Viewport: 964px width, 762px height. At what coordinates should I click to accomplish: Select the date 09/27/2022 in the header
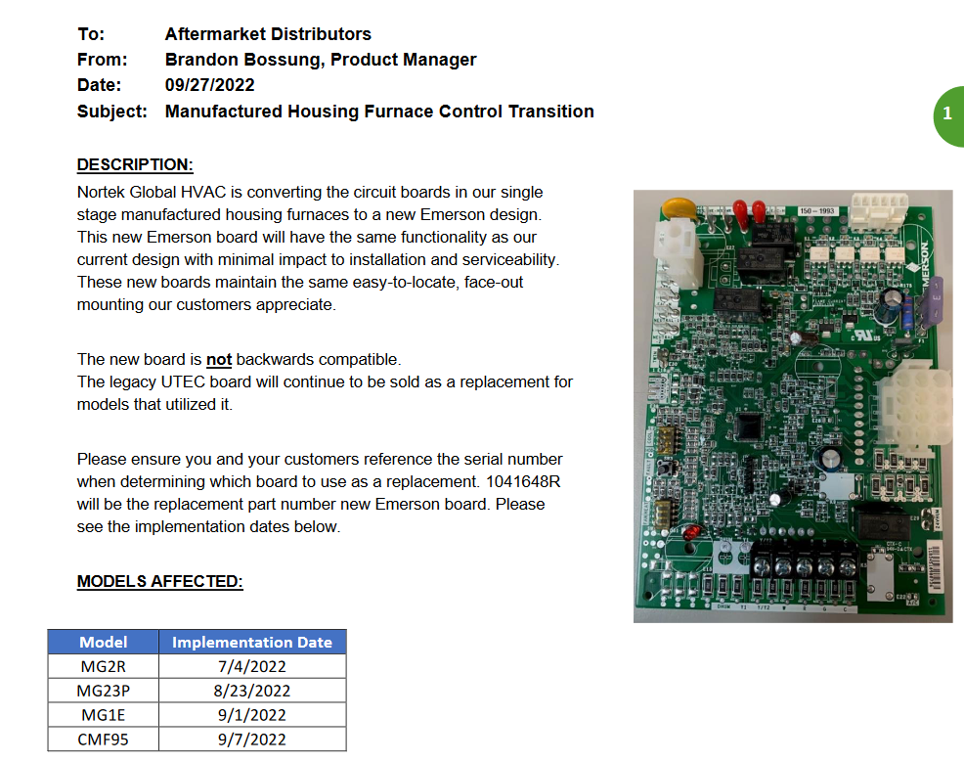(209, 85)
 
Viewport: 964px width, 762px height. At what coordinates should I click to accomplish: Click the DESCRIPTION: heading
(135, 164)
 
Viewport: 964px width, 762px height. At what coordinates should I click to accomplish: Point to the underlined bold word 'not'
(219, 359)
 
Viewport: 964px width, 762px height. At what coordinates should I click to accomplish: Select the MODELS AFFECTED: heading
(159, 582)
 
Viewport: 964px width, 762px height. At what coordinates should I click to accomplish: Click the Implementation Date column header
(252, 643)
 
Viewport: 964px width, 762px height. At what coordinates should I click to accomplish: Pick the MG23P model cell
(104, 691)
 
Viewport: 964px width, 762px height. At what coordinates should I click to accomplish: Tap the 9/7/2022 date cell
(252, 739)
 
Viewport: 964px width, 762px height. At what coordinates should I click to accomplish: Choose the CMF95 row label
(104, 739)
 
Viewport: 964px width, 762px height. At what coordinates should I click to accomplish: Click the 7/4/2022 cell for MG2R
(252, 667)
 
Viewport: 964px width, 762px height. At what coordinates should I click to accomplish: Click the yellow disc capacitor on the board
(675, 208)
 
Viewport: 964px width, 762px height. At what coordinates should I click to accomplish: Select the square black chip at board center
(749, 427)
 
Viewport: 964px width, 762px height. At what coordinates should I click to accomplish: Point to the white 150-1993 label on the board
(816, 211)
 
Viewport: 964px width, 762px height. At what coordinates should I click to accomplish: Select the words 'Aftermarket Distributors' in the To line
(268, 34)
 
